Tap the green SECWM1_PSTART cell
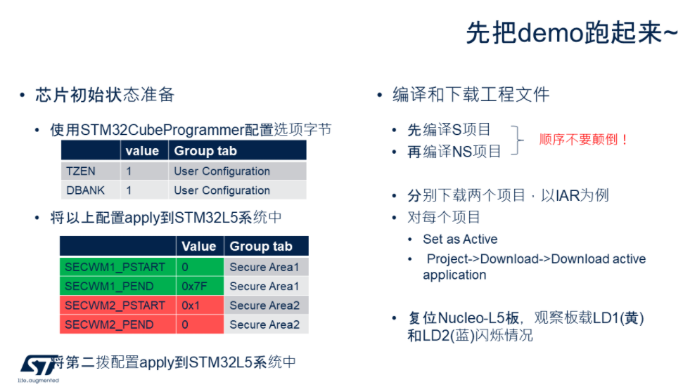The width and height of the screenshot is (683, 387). point(117,267)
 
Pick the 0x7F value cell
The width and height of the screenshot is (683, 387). point(200,286)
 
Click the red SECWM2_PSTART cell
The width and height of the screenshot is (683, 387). point(117,306)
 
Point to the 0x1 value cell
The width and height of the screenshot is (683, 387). point(200,306)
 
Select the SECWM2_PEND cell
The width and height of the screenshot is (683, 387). point(117,324)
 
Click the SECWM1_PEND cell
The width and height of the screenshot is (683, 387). point(117,286)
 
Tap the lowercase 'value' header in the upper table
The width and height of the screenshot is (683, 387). point(142,151)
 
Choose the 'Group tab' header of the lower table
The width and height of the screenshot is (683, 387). point(261,246)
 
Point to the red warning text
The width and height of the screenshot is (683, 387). point(583,140)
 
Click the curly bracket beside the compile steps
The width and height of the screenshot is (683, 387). point(518,140)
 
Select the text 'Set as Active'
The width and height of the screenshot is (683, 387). point(460,240)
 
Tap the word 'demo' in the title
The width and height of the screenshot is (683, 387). point(551,33)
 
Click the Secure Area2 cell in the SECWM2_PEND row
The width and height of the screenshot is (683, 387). point(264,324)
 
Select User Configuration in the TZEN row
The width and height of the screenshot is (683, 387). point(222,171)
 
